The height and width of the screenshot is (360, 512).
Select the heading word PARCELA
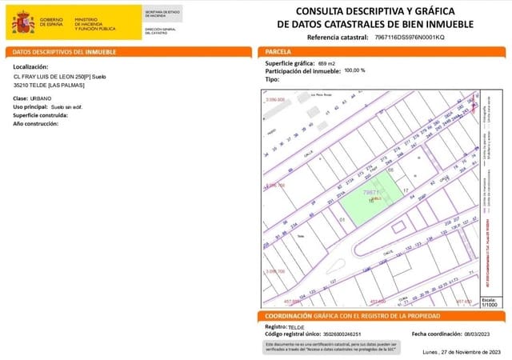pyautogui.click(x=279, y=51)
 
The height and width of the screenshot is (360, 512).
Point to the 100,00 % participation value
pyautogui.click(x=354, y=70)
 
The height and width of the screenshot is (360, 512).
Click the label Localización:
pyautogui.click(x=31, y=66)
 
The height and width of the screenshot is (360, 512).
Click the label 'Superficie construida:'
pyautogui.click(x=41, y=115)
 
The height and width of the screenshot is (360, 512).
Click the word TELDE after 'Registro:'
pyautogui.click(x=296, y=327)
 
